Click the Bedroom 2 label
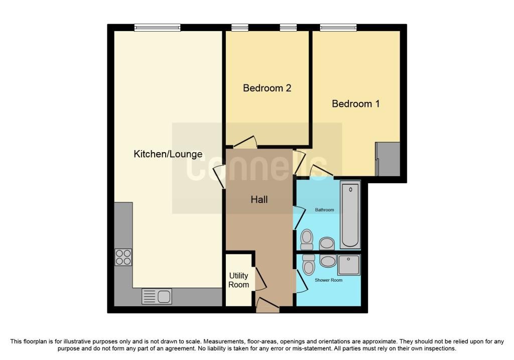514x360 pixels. tap(267, 88)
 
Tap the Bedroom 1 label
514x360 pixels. tap(356, 103)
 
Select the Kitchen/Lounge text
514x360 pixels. tap(168, 154)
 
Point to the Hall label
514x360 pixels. tap(259, 199)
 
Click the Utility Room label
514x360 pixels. tap(238, 280)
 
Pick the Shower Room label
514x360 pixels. tap(328, 280)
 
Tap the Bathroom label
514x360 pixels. tap(325, 210)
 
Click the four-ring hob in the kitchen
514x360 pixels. tap(123, 257)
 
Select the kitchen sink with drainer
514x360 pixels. tap(157, 296)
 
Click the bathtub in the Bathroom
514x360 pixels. tap(350, 215)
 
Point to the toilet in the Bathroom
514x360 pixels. tap(307, 239)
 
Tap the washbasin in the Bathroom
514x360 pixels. tap(327, 244)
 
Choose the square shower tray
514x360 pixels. tap(349, 265)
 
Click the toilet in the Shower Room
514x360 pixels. tap(309, 264)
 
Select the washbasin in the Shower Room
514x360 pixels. tap(328, 261)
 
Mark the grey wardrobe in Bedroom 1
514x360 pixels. tap(388, 159)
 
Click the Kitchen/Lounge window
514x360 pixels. tap(157, 28)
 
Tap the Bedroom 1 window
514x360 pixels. tap(338, 28)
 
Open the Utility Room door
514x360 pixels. tap(261, 279)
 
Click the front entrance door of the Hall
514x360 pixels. tap(268, 305)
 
